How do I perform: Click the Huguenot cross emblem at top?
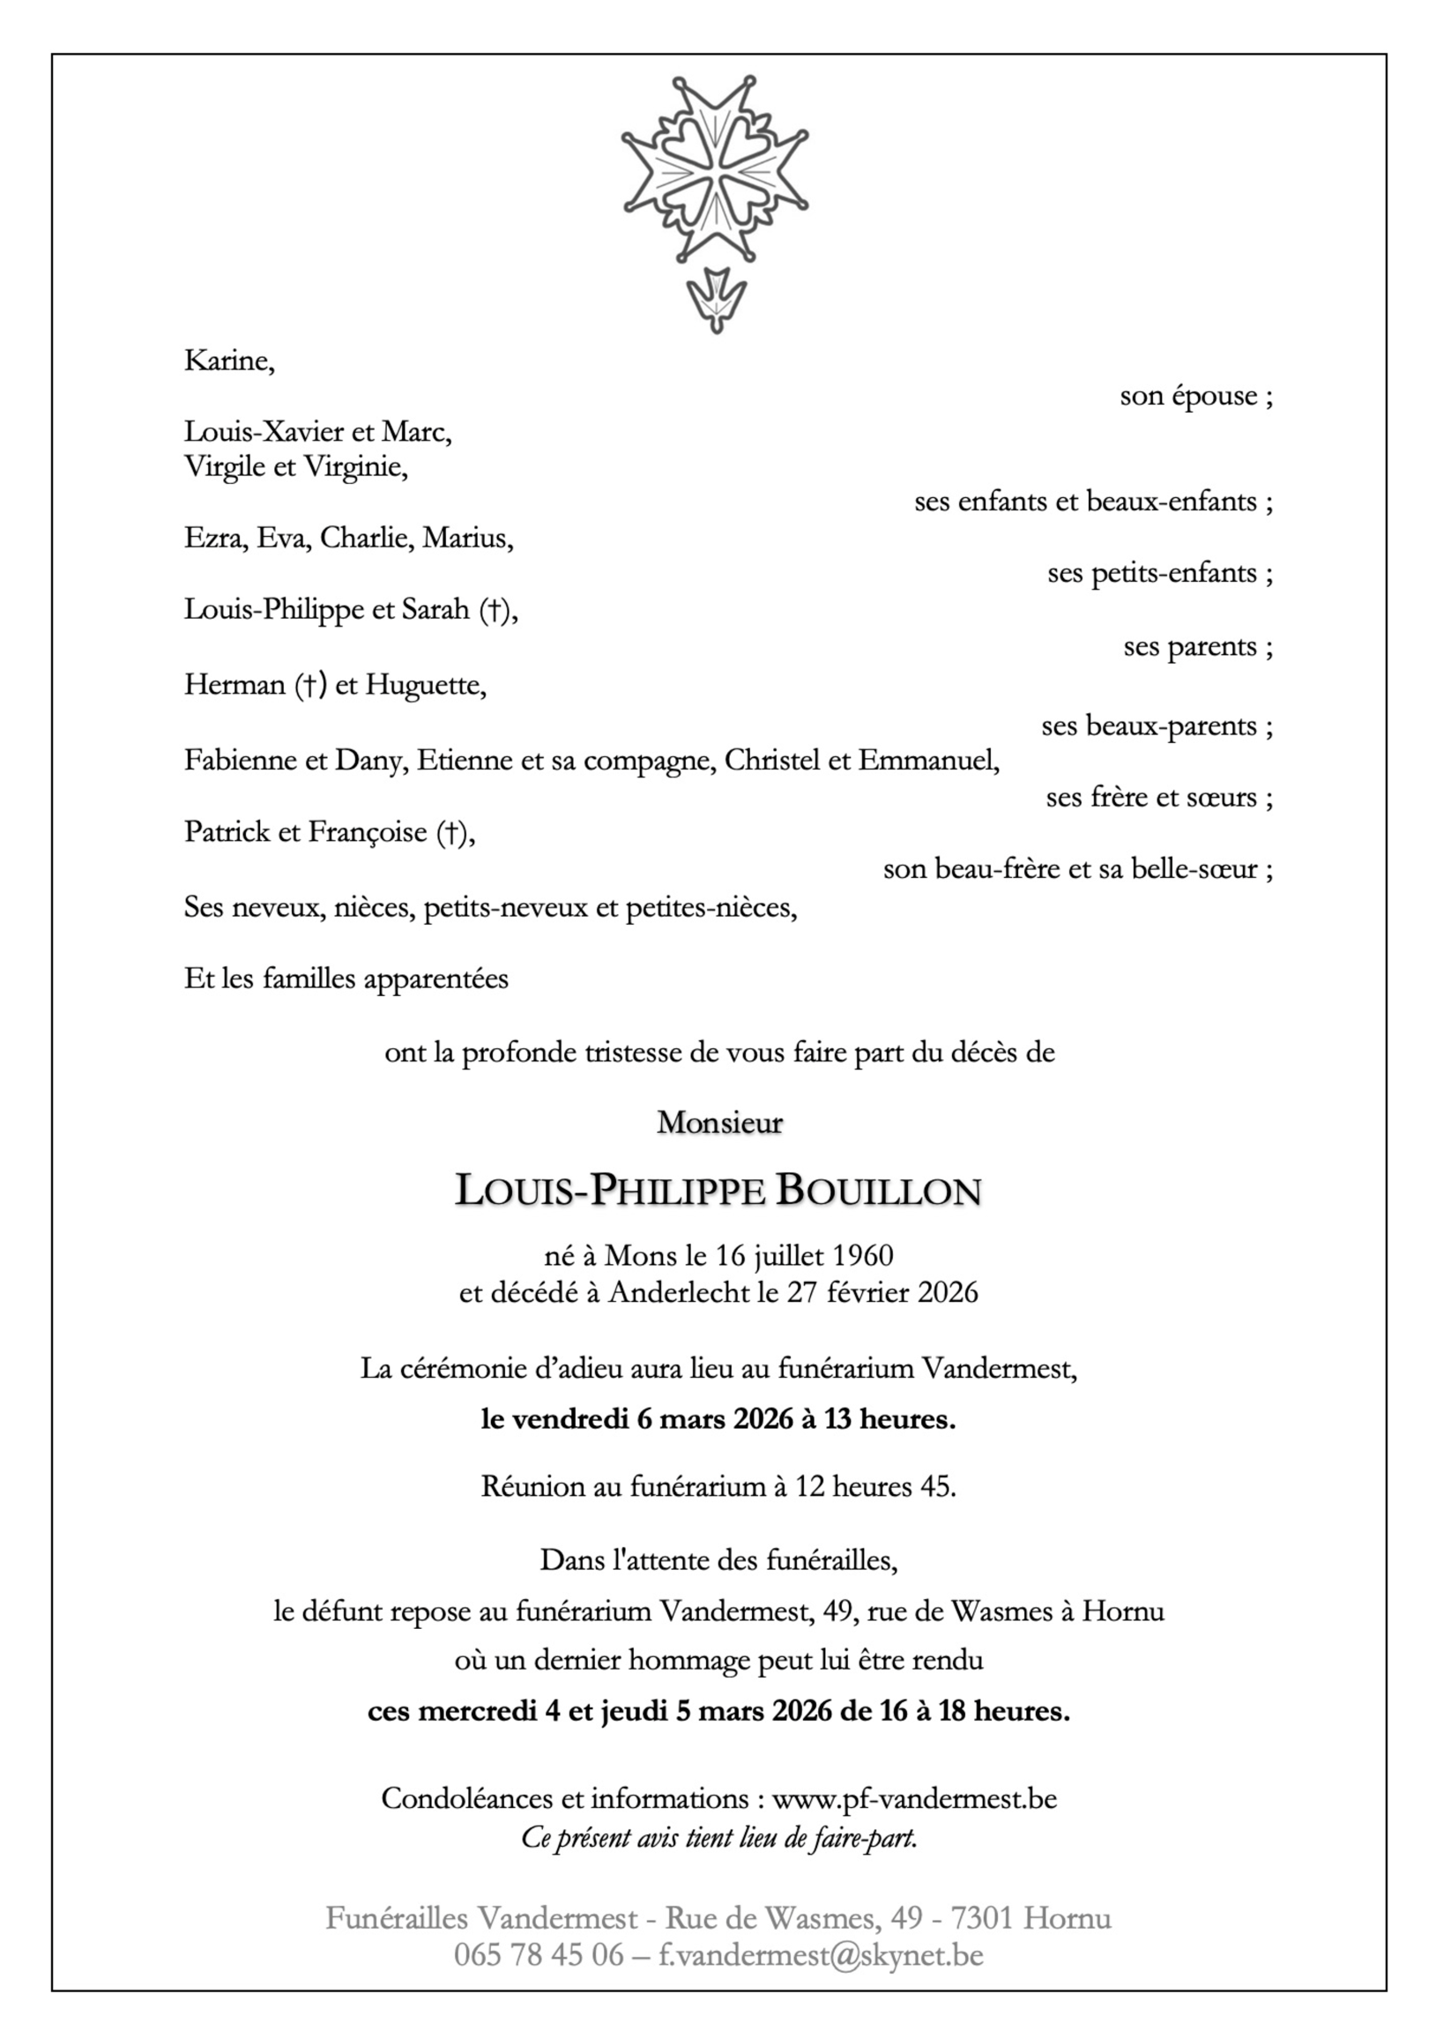[714, 168]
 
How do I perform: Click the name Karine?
[228, 361]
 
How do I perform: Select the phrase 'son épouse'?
[1187, 396]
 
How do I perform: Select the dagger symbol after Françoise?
[450, 833]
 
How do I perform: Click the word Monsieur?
[719, 1123]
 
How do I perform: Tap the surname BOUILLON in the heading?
[879, 1191]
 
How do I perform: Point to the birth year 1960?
[863, 1255]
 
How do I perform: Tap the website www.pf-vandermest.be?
[914, 1799]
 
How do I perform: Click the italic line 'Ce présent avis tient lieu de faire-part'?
[719, 1836]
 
